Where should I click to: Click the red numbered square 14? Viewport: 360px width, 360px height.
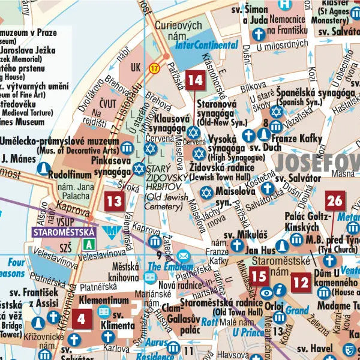point(195,80)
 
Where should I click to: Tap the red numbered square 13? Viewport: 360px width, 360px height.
point(113,201)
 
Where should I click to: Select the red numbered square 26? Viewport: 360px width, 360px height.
point(335,201)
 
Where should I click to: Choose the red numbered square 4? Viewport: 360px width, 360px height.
point(82,319)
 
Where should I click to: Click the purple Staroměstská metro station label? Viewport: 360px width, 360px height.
point(64,231)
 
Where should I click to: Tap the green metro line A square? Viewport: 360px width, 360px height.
point(89,244)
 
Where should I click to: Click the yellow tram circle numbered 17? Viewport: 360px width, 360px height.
point(155,68)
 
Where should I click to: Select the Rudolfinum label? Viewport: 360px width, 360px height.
point(74,174)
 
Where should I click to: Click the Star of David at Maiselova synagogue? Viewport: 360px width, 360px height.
point(206,193)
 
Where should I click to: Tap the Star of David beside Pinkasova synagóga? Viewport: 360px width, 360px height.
point(139,169)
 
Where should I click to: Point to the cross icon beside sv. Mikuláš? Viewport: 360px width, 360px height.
point(238,245)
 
